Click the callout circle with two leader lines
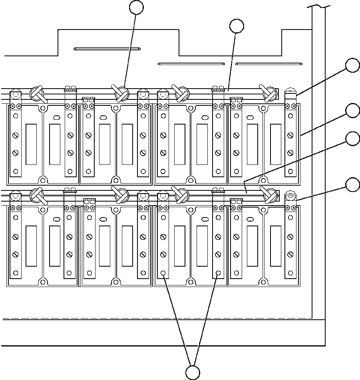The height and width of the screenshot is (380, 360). point(193,372)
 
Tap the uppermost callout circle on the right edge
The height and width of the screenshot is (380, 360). point(352,65)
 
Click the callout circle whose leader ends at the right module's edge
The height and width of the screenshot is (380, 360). point(352,111)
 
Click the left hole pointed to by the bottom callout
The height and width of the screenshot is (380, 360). point(163,273)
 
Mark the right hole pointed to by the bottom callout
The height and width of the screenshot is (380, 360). point(218,273)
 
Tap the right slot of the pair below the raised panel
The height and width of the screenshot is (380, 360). point(269,63)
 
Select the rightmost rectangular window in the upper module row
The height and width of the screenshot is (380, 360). point(275,144)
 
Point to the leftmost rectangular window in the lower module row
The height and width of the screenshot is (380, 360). point(31,245)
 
